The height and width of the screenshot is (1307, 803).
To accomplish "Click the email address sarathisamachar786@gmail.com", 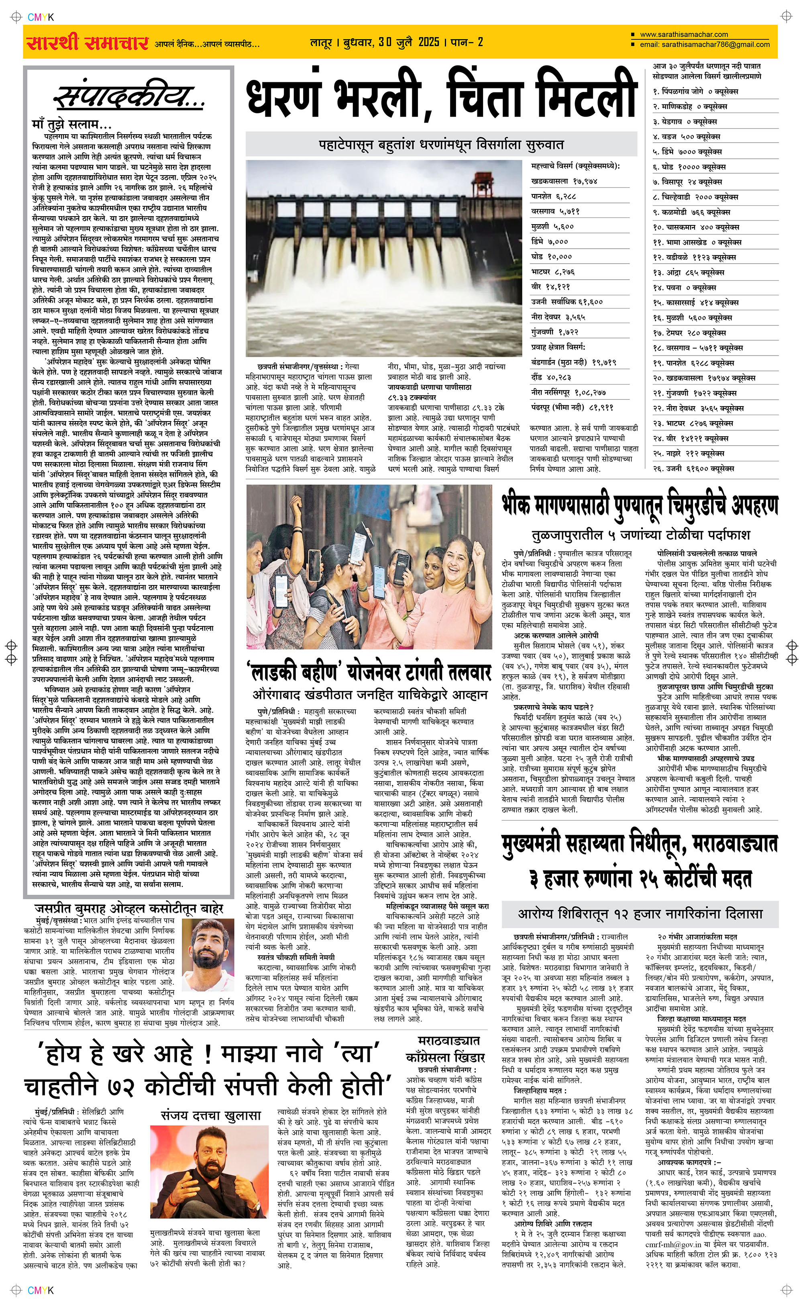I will pos(704,45).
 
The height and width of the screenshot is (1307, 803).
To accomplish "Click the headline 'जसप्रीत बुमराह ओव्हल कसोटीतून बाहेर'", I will pos(129,908).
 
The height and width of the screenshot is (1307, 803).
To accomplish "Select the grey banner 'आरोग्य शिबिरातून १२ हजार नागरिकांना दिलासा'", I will pos(640,913).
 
